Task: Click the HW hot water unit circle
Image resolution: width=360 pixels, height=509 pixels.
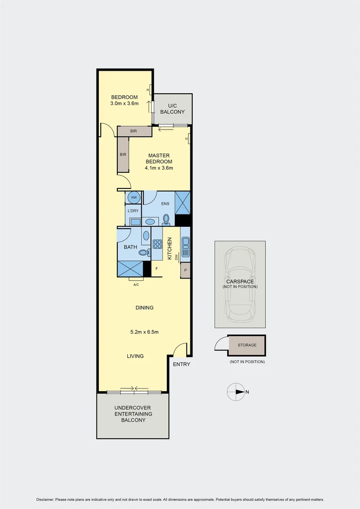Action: [134, 197]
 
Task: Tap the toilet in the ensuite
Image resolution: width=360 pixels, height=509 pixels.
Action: [166, 220]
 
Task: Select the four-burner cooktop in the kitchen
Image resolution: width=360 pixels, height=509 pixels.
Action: [157, 244]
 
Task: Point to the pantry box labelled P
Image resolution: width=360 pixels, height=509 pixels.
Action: [185, 270]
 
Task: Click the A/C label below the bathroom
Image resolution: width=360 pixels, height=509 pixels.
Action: [136, 285]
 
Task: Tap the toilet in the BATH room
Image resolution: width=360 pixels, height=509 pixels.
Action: [143, 253]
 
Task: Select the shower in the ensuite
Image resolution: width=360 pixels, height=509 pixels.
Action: [182, 203]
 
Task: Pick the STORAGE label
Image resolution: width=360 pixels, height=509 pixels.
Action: [247, 345]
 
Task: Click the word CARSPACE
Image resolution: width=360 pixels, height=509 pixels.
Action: [240, 281]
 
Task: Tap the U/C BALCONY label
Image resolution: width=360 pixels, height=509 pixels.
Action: [172, 108]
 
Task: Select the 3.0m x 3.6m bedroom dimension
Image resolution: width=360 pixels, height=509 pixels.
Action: [124, 103]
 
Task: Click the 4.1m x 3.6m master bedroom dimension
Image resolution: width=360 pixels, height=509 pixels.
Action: [159, 168]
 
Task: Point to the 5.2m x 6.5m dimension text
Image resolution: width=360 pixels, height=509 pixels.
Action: [144, 332]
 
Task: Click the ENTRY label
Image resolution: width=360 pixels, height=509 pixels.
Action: [181, 364]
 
